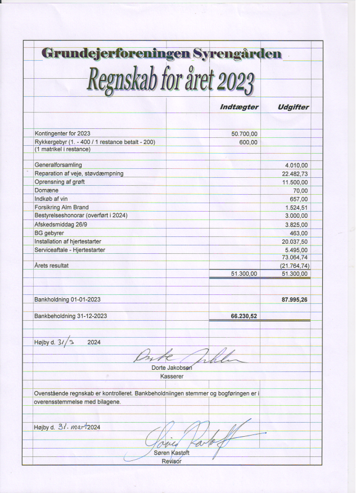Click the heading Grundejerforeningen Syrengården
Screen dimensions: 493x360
coord(161,54)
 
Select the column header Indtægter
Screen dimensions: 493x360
coord(238,107)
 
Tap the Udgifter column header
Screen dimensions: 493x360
coord(293,107)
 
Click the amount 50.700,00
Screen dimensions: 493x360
coord(244,134)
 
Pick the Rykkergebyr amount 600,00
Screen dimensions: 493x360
coord(249,142)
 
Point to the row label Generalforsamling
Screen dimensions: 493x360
coord(58,165)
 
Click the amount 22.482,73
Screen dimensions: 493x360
coord(295,173)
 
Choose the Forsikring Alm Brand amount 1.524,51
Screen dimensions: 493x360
coord(296,207)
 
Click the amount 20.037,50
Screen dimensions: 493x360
coord(295,241)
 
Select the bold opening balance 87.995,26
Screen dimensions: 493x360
coord(294,299)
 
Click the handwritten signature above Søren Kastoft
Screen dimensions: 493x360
coord(191,436)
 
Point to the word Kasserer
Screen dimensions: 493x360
coord(173,375)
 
